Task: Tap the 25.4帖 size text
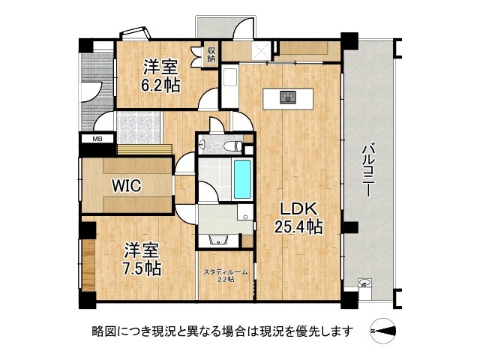297,226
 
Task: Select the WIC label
126,186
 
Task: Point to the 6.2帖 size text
160,85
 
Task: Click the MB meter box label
97,139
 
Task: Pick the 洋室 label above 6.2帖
160,66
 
